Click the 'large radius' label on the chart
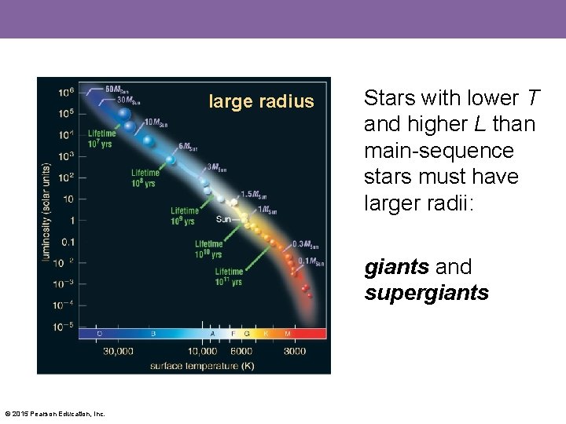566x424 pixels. (x=260, y=101)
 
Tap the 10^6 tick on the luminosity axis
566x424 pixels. (x=66, y=92)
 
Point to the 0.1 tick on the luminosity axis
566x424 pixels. (x=68, y=241)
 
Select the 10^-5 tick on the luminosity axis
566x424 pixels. (x=65, y=324)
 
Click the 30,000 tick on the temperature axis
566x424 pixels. (x=118, y=351)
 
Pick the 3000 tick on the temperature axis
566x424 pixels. (x=294, y=351)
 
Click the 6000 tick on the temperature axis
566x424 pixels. (x=241, y=351)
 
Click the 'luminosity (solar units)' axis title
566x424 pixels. (x=46, y=211)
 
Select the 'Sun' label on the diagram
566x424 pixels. (x=223, y=219)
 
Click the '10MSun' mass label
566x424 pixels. (x=156, y=122)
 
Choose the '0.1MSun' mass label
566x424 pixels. (x=311, y=261)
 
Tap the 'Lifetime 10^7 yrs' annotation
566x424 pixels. (x=101, y=138)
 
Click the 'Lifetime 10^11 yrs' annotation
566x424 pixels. (x=229, y=276)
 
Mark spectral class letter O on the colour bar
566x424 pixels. (x=99, y=333)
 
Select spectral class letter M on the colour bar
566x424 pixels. (x=287, y=333)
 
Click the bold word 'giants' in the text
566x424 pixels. (x=395, y=267)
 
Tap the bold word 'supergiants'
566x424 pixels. (x=426, y=293)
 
